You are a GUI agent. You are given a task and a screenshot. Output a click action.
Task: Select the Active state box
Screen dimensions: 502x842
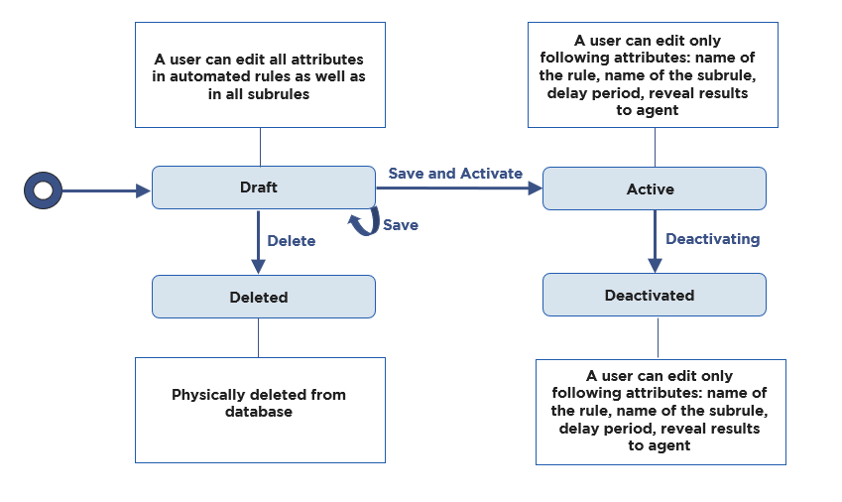click(x=654, y=188)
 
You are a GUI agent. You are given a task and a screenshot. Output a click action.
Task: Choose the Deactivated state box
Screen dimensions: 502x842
click(x=654, y=295)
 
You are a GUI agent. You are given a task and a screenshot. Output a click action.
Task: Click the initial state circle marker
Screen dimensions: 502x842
click(x=43, y=190)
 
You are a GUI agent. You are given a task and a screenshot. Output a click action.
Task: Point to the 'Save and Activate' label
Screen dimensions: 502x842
click(x=455, y=174)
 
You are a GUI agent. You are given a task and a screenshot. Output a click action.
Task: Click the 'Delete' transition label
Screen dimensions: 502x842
click(x=292, y=241)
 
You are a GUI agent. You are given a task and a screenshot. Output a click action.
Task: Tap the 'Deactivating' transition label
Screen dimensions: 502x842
click(x=712, y=239)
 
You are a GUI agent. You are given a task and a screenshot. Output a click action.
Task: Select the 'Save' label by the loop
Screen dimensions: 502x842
click(x=401, y=225)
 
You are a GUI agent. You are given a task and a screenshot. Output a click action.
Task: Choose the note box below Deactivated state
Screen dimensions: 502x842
click(x=661, y=412)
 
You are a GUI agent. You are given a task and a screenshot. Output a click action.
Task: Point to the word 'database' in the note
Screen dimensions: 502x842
click(x=259, y=412)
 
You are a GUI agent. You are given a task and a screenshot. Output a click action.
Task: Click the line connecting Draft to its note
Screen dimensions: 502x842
click(x=260, y=147)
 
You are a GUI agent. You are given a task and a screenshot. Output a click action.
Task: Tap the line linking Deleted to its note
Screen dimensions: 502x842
click(x=259, y=337)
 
